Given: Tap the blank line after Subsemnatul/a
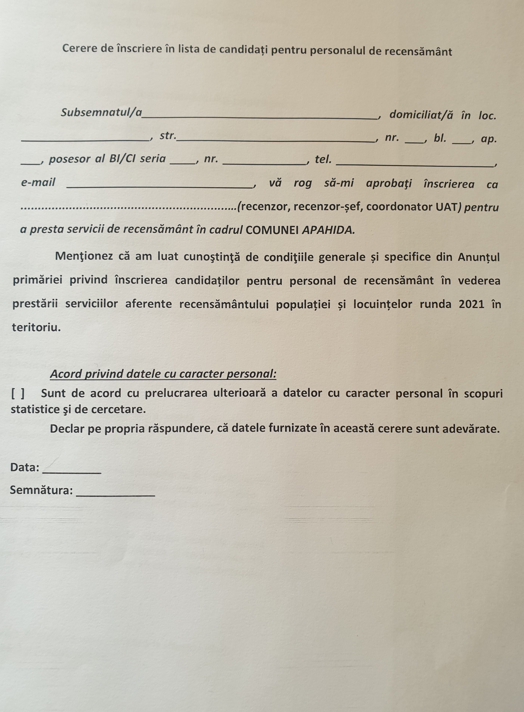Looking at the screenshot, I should click(x=260, y=117).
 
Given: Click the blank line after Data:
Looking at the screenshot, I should click(x=72, y=472).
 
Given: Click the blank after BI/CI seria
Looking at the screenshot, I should click(x=183, y=163).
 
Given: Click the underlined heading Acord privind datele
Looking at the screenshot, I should click(x=163, y=374).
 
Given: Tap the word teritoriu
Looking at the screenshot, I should click(x=36, y=327).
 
